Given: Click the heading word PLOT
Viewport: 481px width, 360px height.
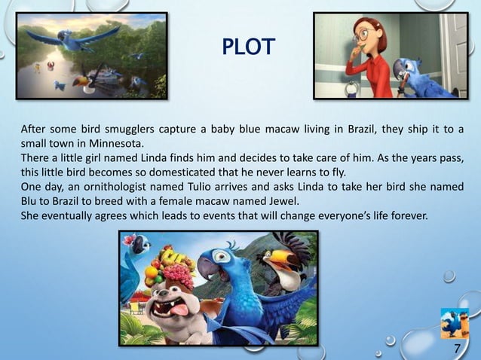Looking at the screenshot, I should [250, 49].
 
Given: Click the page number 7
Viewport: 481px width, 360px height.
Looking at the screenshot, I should [457, 347].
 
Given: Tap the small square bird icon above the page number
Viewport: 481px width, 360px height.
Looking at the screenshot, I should [455, 322].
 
